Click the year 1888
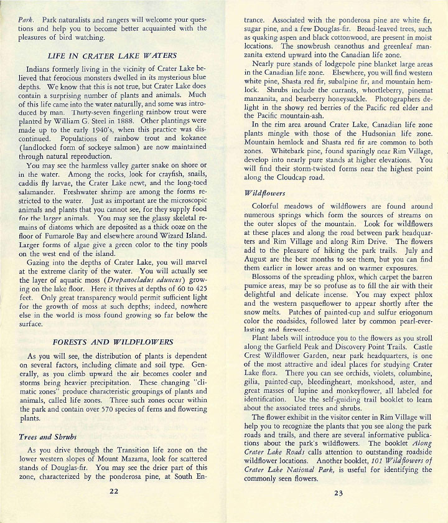pos(127,123)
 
